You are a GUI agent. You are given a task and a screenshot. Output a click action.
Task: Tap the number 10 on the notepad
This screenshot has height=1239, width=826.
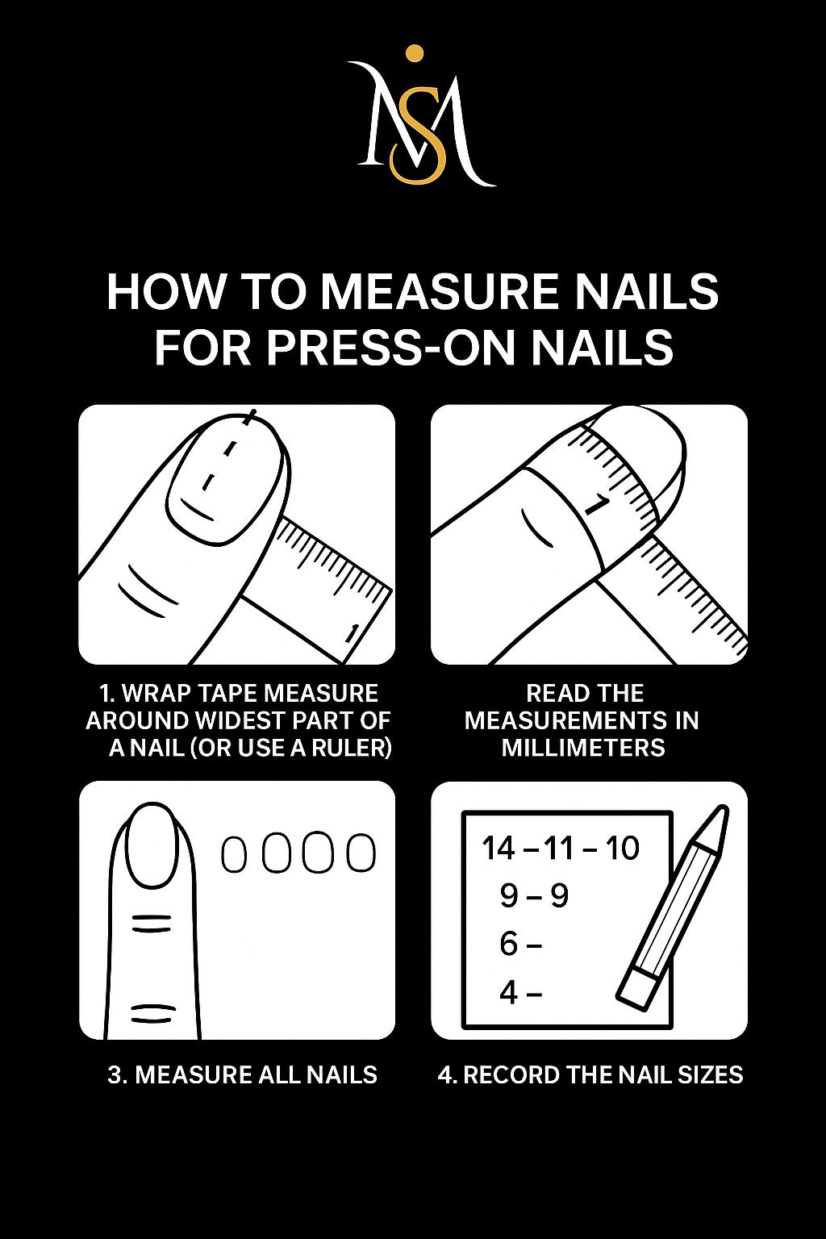(621, 849)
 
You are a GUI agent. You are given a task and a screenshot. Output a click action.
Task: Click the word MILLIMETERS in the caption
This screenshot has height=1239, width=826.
(584, 748)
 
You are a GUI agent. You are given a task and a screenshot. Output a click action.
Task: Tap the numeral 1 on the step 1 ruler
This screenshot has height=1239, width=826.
(350, 634)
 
